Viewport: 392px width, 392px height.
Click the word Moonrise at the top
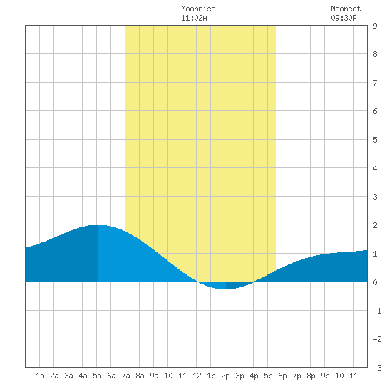[198, 9]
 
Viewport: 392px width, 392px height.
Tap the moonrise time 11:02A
[194, 18]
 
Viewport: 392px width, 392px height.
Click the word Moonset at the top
[346, 9]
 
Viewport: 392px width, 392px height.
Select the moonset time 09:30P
[344, 18]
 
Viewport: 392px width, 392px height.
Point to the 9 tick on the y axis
[375, 26]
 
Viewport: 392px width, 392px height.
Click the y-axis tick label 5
[375, 140]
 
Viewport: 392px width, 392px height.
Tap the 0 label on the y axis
[375, 282]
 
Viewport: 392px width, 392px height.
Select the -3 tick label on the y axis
[377, 368]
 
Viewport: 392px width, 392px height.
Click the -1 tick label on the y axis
[377, 311]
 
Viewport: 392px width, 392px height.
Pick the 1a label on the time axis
[40, 376]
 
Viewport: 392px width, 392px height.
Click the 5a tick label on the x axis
[97, 376]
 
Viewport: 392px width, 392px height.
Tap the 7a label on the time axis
[125, 376]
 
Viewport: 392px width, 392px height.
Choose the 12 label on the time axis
[197, 376]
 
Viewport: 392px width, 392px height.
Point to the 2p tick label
[225, 376]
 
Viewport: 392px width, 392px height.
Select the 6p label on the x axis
[282, 376]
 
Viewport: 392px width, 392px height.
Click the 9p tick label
[325, 376]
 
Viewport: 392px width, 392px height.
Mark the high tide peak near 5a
[98, 225]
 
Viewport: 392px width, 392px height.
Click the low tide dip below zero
[225, 289]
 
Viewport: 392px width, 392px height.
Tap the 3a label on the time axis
[68, 376]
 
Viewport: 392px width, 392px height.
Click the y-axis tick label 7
[375, 83]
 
